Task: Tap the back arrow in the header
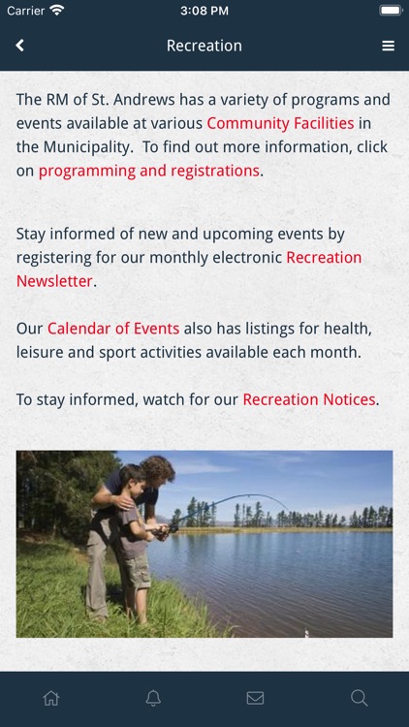tap(19, 46)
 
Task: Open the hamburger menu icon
tap(388, 46)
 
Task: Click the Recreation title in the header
tap(204, 46)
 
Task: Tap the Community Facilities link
tap(280, 123)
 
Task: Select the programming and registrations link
tap(148, 171)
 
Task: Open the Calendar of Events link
tap(113, 329)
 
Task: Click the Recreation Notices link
tap(309, 399)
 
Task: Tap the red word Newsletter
tap(54, 281)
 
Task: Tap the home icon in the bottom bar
tap(51, 698)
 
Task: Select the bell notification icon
tap(153, 698)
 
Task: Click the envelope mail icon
tap(255, 698)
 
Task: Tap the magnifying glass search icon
tap(359, 698)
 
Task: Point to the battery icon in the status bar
tap(391, 11)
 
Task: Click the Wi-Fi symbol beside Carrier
tap(57, 11)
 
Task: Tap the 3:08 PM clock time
tap(204, 11)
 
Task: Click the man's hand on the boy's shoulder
tap(122, 502)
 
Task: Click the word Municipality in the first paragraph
tap(87, 147)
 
